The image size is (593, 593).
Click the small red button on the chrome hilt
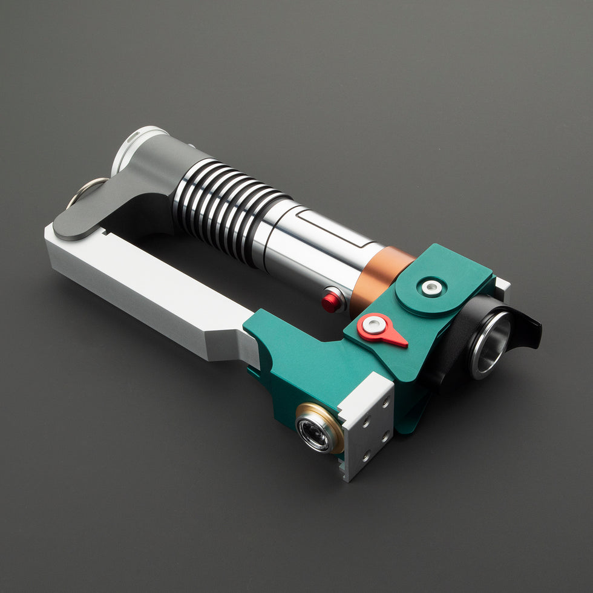click(x=330, y=301)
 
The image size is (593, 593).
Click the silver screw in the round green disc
click(x=431, y=287)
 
